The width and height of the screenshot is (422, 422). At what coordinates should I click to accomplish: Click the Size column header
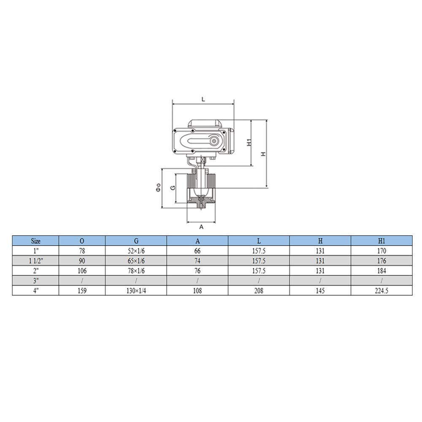click(35, 241)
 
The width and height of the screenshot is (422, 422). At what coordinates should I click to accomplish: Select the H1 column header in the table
click(381, 241)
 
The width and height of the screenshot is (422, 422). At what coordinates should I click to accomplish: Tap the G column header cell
click(136, 241)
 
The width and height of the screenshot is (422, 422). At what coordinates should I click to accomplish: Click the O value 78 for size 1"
click(82, 251)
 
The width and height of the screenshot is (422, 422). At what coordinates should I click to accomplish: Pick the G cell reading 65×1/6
click(136, 261)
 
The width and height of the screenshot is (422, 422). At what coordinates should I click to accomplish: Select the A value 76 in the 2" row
click(197, 271)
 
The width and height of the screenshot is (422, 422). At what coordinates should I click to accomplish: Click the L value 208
click(259, 291)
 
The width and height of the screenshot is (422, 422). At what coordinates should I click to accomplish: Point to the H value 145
click(320, 291)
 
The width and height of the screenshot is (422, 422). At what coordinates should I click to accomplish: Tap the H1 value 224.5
click(381, 291)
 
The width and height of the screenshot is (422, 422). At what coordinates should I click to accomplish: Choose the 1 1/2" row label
click(36, 261)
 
